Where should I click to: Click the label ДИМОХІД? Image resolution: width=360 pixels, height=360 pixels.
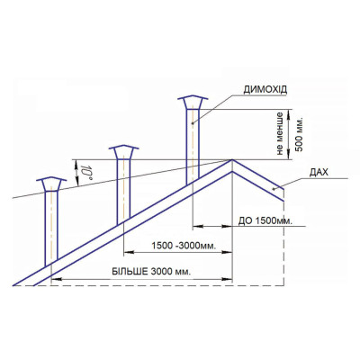265,89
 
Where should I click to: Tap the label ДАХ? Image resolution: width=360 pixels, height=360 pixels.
319,173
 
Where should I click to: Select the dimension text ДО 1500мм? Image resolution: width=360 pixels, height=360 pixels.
265,221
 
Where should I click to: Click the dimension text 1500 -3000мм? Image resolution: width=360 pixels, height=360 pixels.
184,246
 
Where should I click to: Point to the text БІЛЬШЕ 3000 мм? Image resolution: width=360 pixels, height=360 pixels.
151,272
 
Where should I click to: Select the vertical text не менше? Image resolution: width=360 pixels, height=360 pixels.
280,133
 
